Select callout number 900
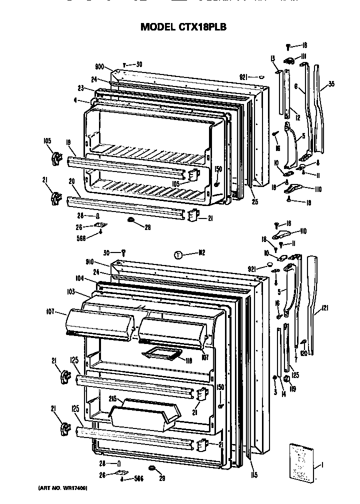[99, 66]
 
